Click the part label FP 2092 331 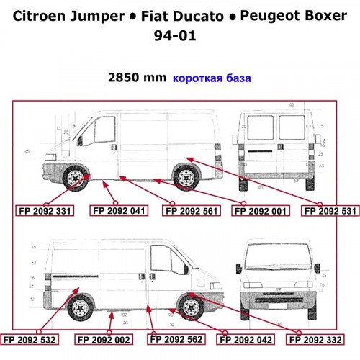pyautogui.click(x=45, y=211)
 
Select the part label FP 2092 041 pyautogui.click(x=118, y=211)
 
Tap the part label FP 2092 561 pyautogui.click(x=191, y=211)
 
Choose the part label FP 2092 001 pyautogui.click(x=260, y=211)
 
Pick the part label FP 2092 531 pyautogui.click(x=329, y=211)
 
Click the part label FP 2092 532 pyautogui.click(x=30, y=338)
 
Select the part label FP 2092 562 pyautogui.click(x=176, y=338)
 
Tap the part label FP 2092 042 pyautogui.click(x=246, y=338)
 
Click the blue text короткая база pyautogui.click(x=211, y=78)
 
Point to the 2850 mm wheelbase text pyautogui.click(x=137, y=78)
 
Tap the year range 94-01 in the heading pyautogui.click(x=179, y=36)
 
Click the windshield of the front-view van pyautogui.click(x=282, y=258)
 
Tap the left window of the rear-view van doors pyautogui.click(x=260, y=127)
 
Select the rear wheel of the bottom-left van pyautogui.click(x=80, y=307)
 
